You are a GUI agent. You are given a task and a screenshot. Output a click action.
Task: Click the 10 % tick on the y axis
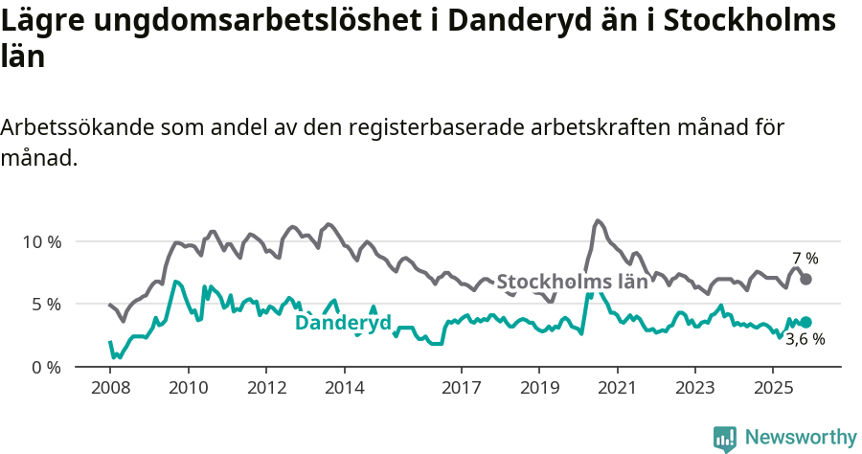tap(41, 241)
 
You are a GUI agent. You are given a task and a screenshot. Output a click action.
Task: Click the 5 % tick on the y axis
tap(45, 305)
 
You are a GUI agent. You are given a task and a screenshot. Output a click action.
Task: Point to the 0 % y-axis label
tap(45, 367)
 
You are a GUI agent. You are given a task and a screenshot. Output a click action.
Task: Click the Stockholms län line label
tap(573, 282)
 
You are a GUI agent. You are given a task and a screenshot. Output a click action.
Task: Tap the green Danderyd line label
tap(343, 324)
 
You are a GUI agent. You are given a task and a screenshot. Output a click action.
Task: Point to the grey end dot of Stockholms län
tap(806, 279)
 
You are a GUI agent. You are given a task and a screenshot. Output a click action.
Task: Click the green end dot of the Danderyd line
tap(806, 322)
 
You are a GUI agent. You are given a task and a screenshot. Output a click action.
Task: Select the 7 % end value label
tap(805, 259)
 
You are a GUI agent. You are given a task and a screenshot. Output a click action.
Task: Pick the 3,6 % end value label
tap(805, 339)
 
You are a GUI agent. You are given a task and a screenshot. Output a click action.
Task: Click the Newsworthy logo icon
tap(725, 438)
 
